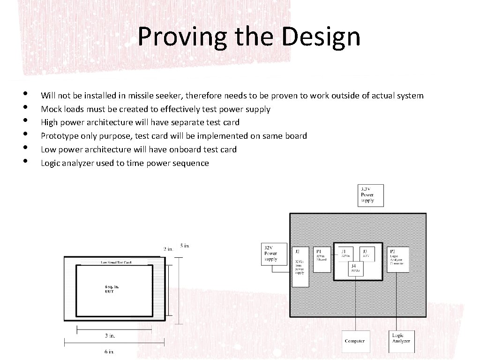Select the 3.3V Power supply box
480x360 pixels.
[370, 195]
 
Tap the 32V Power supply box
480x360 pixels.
[273, 254]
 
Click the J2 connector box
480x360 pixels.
[300, 267]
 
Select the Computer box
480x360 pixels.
[354, 341]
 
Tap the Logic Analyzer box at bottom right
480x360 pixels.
[401, 338]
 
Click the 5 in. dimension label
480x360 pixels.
[185, 245]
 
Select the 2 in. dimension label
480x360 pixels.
[168, 249]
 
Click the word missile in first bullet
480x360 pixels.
[141, 96]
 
